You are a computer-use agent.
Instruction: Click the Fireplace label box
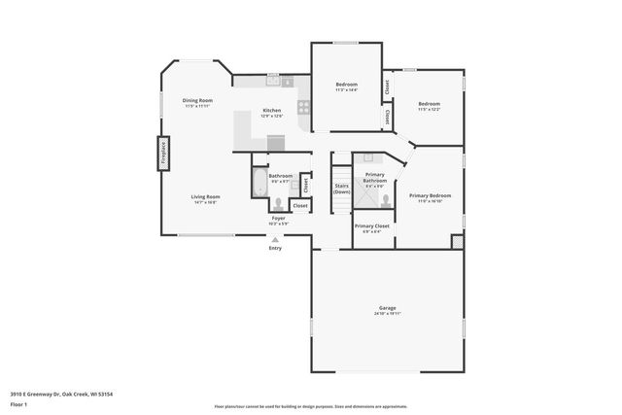(162, 154)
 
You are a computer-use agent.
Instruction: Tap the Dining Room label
(197, 100)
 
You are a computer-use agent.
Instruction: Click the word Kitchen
(272, 110)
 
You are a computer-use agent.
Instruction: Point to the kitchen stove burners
(304, 107)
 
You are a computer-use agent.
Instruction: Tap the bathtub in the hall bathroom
(259, 182)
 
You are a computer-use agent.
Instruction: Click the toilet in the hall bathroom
(279, 203)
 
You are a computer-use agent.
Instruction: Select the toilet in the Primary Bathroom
(387, 199)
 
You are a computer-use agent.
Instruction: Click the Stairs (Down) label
(341, 188)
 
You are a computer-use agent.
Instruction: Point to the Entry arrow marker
(275, 239)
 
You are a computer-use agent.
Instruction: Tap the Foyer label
(278, 219)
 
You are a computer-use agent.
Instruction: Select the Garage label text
(387, 308)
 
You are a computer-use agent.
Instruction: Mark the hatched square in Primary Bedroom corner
(457, 239)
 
